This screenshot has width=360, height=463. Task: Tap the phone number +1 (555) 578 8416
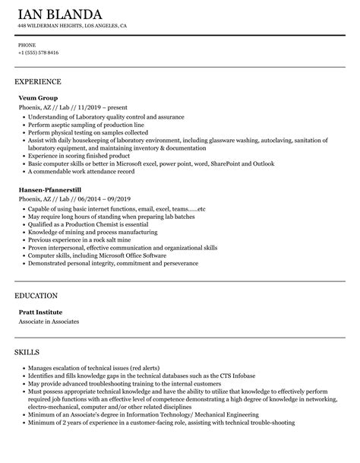click(38, 52)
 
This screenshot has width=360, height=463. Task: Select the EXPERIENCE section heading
click(38, 81)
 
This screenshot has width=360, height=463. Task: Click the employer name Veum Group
click(38, 98)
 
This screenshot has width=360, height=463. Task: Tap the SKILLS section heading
click(30, 331)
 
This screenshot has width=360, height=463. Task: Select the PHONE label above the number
click(27, 45)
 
